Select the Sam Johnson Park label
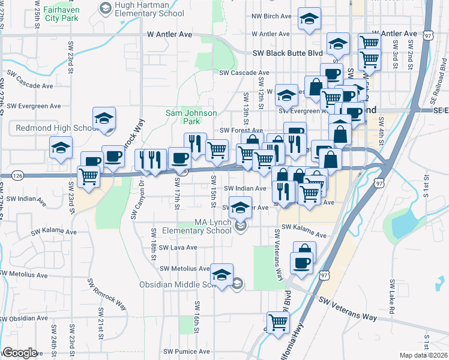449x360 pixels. tap(182, 117)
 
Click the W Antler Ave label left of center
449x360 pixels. tap(169, 35)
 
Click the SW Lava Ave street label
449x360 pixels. tap(175, 247)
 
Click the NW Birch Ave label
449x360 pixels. tap(271, 16)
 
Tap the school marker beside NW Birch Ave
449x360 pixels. tap(309, 19)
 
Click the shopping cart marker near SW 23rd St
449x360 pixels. tap(89, 176)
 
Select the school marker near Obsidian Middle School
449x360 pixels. tap(222, 275)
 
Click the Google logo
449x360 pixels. tap(20, 353)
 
